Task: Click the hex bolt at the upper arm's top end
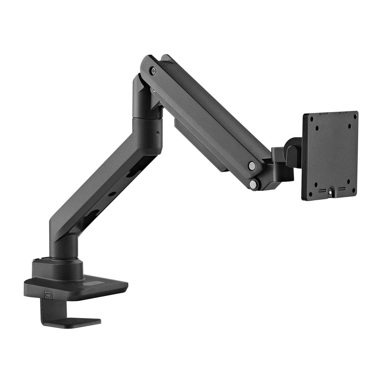point(154,71)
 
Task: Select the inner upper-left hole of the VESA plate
point(317,130)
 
